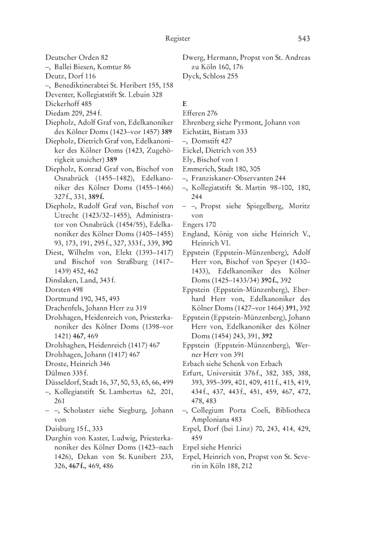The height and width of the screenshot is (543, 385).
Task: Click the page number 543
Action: [304, 38]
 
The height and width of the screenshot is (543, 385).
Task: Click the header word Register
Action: [177, 38]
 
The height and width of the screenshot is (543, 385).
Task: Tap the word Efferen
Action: [194, 113]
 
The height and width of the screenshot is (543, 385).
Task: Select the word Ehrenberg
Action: [199, 123]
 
